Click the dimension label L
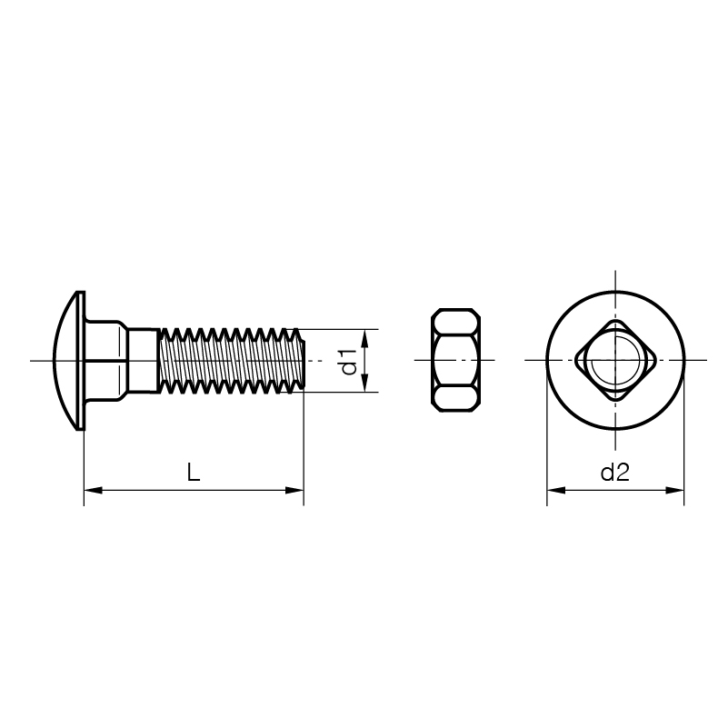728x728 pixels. tap(194, 472)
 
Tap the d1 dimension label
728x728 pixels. tap(349, 362)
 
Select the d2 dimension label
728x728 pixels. tap(614, 473)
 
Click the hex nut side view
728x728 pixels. tap(455, 360)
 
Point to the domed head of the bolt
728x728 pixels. tap(69, 360)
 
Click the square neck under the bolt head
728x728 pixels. tap(105, 360)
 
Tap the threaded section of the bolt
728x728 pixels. tap(232, 360)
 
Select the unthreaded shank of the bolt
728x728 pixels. tap(143, 360)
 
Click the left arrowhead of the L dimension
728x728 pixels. tap(93, 490)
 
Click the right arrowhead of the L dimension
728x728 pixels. tap(294, 490)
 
